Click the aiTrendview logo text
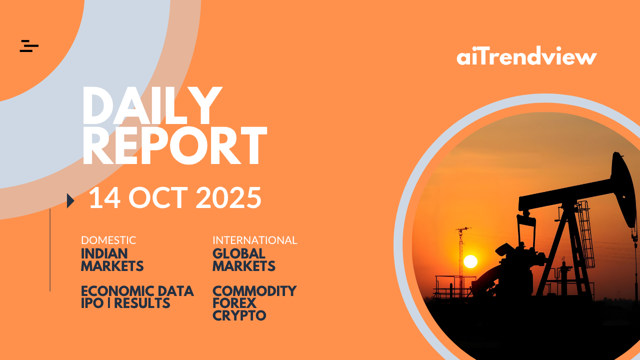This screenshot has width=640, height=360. click(x=526, y=55)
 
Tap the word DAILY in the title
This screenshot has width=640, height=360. click(x=152, y=105)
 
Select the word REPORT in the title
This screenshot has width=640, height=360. click(x=174, y=145)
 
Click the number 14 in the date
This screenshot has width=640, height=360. click(x=104, y=197)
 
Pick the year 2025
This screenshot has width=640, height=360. click(x=228, y=197)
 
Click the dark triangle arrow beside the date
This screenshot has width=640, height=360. click(x=70, y=200)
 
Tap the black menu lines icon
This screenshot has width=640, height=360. click(x=29, y=46)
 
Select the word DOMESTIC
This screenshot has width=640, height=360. click(x=108, y=240)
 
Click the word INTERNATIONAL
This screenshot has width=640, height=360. click(x=255, y=240)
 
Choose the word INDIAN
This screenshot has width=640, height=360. click(x=104, y=253)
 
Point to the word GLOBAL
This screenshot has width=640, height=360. click(x=239, y=253)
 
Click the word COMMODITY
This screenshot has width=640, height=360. click(x=254, y=291)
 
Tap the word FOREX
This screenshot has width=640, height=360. click(x=234, y=303)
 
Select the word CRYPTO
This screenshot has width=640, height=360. click(x=239, y=315)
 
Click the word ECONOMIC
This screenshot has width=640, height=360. click(x=117, y=291)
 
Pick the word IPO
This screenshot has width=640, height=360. click(x=92, y=303)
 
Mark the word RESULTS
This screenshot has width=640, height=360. click(x=142, y=303)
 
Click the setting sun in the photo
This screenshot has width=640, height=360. click(x=470, y=261)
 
